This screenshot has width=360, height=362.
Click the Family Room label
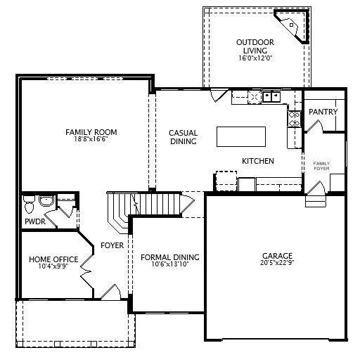coord(91,132)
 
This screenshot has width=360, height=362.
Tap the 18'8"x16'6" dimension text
coord(91,139)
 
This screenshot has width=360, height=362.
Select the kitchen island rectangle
coord(241,136)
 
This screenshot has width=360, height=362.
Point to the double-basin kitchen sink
coord(271,96)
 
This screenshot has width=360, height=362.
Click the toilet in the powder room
coord(29,205)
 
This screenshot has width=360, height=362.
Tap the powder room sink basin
coord(46,201)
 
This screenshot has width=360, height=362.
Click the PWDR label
coord(35,221)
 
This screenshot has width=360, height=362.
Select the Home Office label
coord(53,259)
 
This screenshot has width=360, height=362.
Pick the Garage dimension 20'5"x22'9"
coord(277,262)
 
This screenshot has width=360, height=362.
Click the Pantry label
coord(323,112)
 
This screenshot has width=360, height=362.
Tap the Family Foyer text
coord(321,166)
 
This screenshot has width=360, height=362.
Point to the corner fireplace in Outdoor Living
coord(292,26)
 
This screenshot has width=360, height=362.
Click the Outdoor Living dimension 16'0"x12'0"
coord(255,58)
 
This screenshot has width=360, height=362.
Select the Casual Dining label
coord(184,137)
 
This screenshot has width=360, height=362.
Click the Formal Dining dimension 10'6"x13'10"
coord(170,264)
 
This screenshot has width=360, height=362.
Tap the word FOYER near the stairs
coord(112,245)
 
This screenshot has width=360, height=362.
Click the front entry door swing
coord(111,292)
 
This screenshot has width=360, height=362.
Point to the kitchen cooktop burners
coord(294,119)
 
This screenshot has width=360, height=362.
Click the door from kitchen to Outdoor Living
coord(219,95)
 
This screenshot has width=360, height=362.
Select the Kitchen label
coord(258,161)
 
